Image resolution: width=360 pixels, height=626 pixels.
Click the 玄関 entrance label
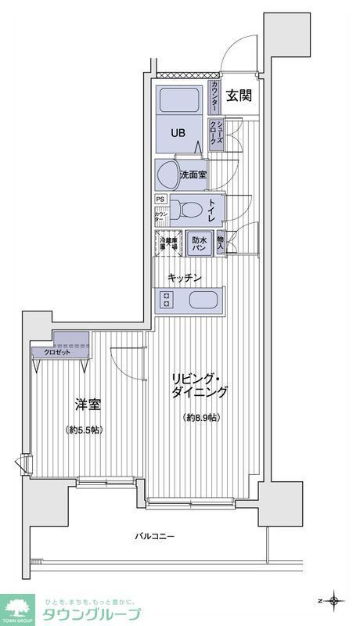(x=239, y=96)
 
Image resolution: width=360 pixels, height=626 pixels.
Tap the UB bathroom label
(x=179, y=132)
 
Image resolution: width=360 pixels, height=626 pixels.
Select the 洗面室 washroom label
(x=193, y=175)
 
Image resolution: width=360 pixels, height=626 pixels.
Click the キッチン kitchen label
(x=185, y=278)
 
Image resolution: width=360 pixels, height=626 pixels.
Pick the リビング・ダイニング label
(x=200, y=385)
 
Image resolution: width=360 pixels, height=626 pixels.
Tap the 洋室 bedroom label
(x=87, y=405)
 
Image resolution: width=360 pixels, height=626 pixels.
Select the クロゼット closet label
(x=52, y=352)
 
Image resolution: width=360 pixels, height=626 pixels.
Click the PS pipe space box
(x=160, y=200)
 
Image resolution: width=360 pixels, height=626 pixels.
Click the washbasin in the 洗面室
(x=168, y=173)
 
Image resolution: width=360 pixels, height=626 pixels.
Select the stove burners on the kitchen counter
(x=167, y=299)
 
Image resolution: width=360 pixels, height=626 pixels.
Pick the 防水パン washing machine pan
(x=199, y=243)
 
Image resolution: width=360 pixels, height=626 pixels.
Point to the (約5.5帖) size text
(x=85, y=430)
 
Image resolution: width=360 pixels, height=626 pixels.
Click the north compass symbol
(x=335, y=600)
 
